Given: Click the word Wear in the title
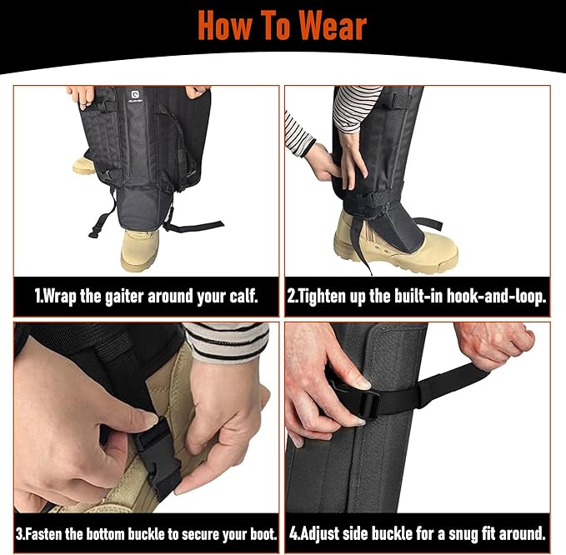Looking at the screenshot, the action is point(333,26).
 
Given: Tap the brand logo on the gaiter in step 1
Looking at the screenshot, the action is point(136,96).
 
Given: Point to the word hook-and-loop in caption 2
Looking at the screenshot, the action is point(496,297).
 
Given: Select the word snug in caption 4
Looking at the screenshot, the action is point(463,534).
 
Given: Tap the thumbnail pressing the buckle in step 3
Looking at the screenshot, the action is point(148,420).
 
